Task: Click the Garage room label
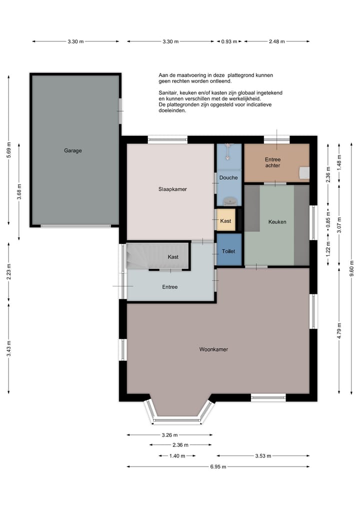point(72,150)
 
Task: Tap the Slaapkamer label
point(172,189)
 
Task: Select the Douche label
point(228,177)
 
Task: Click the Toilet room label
point(228,251)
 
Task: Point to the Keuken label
point(277,222)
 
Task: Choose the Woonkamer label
point(213,349)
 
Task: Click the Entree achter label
point(272,162)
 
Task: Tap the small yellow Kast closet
point(225,221)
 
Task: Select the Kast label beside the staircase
point(173,257)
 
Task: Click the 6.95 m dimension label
point(217,467)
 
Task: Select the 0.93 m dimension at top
point(229,41)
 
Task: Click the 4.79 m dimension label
point(339,331)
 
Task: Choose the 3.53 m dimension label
point(263,456)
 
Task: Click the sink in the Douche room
point(229,201)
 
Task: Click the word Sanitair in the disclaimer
point(167,93)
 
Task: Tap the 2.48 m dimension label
point(276,41)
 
